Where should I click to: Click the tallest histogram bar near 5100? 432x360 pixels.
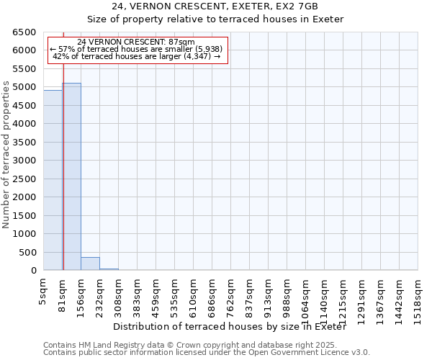pos(71,176)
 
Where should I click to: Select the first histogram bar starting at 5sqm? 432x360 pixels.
pos(53,180)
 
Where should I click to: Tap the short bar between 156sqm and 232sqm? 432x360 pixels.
pos(90,264)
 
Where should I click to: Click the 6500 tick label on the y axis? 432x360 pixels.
pos(22,32)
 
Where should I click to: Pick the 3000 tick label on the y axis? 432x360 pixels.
pos(22,161)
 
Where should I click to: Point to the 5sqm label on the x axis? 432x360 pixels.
pos(44,292)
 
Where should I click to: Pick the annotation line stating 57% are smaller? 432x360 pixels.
pos(136,49)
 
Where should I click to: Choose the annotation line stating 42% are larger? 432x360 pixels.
pos(136,56)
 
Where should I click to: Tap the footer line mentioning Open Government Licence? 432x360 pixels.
pos(207,353)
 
